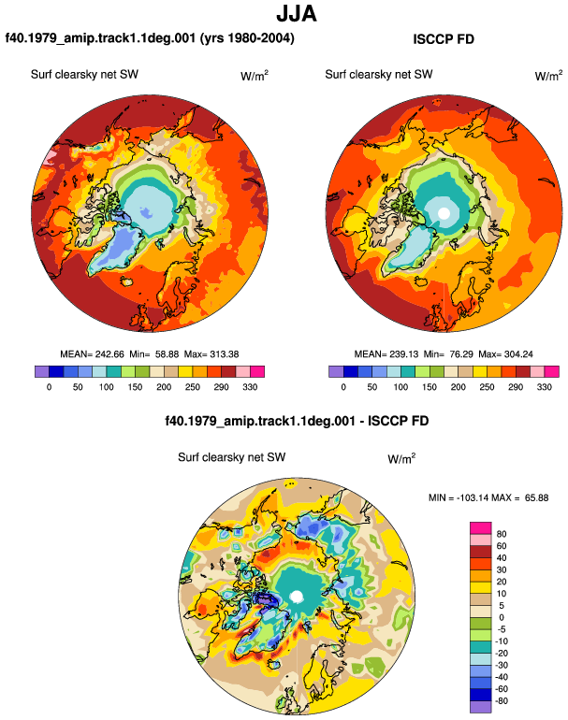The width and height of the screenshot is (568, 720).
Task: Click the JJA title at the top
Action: tap(297, 14)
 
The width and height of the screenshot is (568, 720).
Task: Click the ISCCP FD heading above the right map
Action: tap(444, 39)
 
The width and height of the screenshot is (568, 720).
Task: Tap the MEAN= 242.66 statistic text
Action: tap(92, 354)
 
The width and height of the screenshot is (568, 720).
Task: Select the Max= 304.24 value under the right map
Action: tap(505, 354)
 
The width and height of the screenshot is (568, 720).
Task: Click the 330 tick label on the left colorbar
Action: tap(250, 386)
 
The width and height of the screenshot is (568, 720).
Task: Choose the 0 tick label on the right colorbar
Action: tap(343, 386)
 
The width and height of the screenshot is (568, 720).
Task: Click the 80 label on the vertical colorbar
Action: tap(502, 534)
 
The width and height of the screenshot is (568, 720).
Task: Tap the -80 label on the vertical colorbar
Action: tap(501, 701)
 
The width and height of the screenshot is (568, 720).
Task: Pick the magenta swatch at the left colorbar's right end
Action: tap(257, 371)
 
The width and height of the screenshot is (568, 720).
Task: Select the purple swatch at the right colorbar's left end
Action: tap(336, 371)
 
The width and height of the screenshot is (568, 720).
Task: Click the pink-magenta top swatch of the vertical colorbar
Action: tap(481, 528)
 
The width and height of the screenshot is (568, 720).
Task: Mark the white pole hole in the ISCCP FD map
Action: tap(444, 213)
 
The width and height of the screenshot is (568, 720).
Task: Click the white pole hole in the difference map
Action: tap(297, 597)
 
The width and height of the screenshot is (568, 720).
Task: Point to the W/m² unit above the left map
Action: tap(255, 76)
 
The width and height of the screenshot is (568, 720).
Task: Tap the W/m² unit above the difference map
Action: tap(401, 458)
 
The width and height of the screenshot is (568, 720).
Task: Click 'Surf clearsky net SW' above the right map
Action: tap(379, 75)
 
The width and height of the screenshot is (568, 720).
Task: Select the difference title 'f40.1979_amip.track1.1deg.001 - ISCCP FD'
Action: tap(297, 421)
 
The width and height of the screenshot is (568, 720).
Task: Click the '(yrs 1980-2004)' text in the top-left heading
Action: tap(247, 38)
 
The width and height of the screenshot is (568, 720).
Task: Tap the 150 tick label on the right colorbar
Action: tap(430, 386)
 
